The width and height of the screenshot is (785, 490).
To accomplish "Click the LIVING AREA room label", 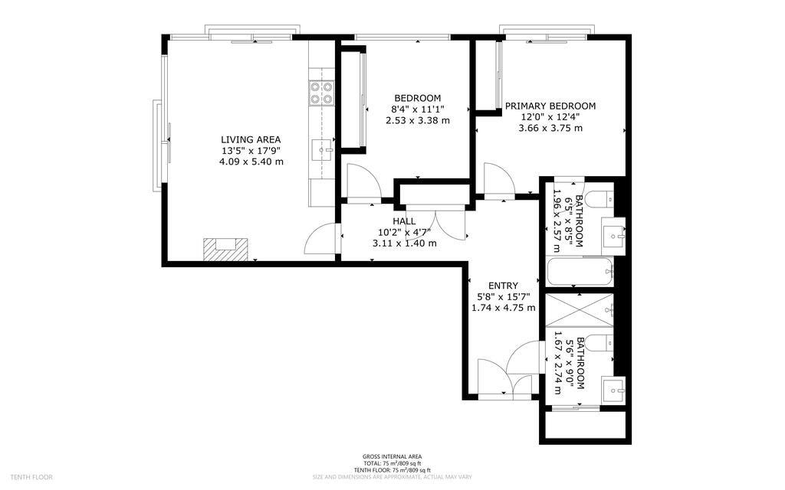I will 251,139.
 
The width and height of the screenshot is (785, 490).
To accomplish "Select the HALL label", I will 404,221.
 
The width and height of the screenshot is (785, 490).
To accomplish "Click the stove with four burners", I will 321,93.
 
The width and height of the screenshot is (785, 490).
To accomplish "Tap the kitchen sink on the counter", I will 322,149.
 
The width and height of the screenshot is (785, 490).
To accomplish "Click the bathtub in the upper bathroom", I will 580,272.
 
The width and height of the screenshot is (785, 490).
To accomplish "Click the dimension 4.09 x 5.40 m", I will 251,162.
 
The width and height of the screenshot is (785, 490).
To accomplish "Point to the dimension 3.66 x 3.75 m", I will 550,128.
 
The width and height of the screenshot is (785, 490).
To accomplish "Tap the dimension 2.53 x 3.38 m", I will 417,120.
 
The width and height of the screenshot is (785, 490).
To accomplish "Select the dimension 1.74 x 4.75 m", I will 503,308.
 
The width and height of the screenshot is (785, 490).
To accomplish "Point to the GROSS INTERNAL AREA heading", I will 392,456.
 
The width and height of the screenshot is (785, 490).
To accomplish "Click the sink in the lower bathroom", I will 613,388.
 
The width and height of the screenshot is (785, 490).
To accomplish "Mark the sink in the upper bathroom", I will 614,236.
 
